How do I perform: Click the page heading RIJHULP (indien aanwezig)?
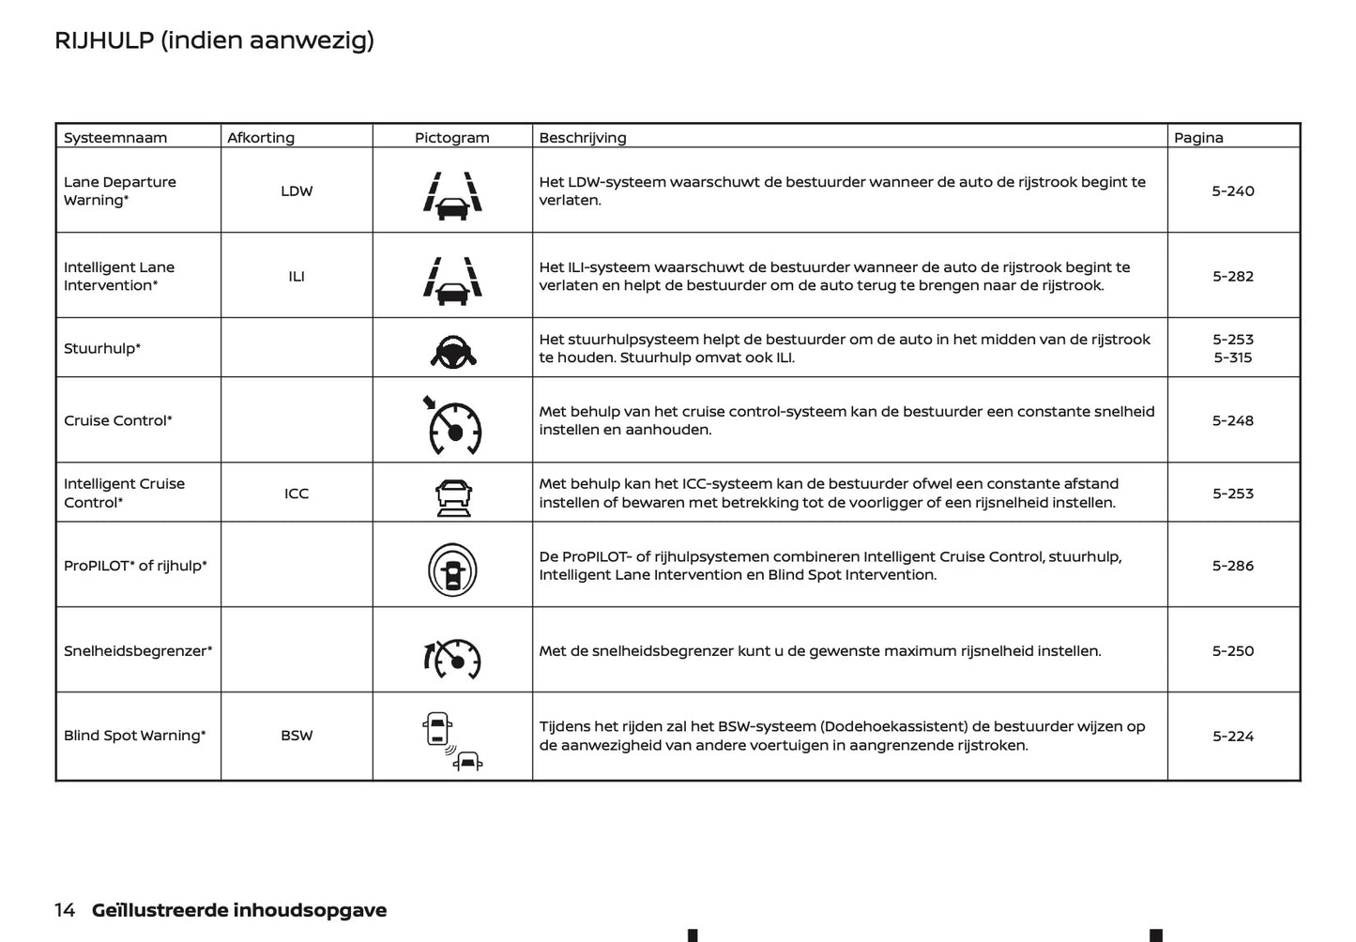pyautogui.click(x=214, y=40)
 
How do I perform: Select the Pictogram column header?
pyautogui.click(x=451, y=137)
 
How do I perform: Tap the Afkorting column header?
pyautogui.click(x=260, y=137)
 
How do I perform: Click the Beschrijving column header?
pyautogui.click(x=582, y=137)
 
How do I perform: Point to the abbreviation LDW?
pyautogui.click(x=297, y=190)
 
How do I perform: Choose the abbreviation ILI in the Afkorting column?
pyautogui.click(x=297, y=276)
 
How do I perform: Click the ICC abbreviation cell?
pyautogui.click(x=297, y=494)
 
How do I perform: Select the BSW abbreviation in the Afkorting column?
pyautogui.click(x=297, y=736)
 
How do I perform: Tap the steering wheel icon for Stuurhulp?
pyautogui.click(x=452, y=351)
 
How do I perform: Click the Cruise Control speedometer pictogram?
pyautogui.click(x=453, y=426)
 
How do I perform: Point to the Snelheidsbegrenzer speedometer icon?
pyautogui.click(x=452, y=658)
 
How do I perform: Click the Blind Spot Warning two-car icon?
pyautogui.click(x=451, y=741)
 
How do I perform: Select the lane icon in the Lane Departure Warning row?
pyautogui.click(x=452, y=195)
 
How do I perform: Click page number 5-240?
pyautogui.click(x=1232, y=190)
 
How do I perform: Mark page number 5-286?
pyautogui.click(x=1232, y=566)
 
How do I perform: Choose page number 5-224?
pyautogui.click(x=1232, y=736)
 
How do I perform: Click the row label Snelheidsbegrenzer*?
pyautogui.click(x=138, y=651)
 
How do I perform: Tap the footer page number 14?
pyautogui.click(x=65, y=910)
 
